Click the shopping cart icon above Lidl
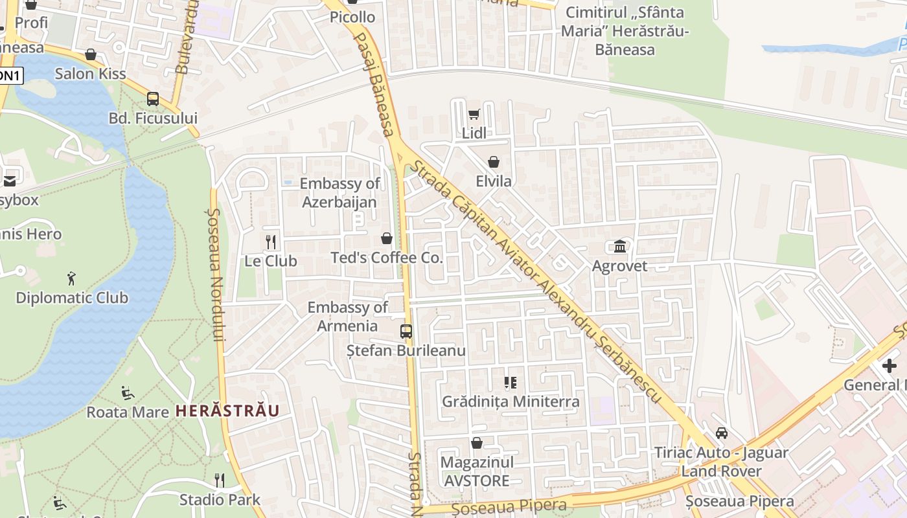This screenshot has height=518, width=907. pos(474,115)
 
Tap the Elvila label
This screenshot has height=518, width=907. pos(494,181)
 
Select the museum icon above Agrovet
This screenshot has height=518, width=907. pos(619,247)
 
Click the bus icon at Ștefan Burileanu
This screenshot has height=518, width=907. pos(406,332)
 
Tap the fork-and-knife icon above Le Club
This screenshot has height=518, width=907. pos(271,242)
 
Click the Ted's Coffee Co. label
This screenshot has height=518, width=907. pos(387,258)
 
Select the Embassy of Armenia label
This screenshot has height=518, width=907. pos(348,316)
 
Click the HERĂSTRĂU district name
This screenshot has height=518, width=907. pos(227,411)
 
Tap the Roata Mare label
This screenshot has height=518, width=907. pos(128,412)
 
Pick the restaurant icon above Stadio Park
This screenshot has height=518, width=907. pos(220,480)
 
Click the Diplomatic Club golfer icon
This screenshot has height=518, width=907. pos(71,279)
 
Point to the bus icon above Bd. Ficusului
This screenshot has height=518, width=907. pos(153,99)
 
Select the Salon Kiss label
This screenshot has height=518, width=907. pos(90,73)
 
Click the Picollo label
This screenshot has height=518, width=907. pos(352,17)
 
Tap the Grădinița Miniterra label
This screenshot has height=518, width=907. pos(511,401)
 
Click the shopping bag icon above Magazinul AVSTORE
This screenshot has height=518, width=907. pos(477,443)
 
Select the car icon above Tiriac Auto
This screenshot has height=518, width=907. pos(722,433)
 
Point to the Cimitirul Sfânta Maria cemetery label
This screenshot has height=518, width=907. pos(625,30)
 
